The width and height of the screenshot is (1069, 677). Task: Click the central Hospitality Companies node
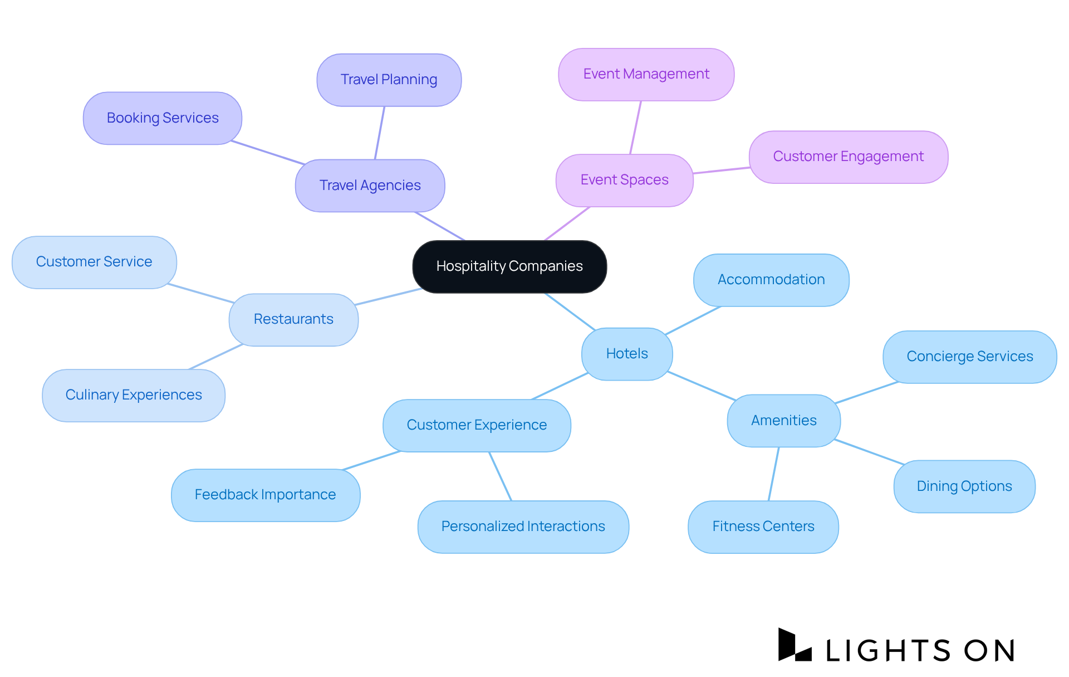(509, 266)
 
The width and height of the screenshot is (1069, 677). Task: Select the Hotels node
(627, 354)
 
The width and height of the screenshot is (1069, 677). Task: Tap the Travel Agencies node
(370, 186)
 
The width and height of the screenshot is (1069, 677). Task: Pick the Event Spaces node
(624, 180)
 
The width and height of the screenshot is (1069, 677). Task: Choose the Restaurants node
(293, 319)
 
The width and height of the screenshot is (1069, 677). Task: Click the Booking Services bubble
(163, 118)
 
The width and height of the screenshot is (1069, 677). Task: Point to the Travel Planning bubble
(389, 80)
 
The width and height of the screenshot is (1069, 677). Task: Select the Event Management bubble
(646, 74)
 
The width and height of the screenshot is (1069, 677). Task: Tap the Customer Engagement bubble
(848, 157)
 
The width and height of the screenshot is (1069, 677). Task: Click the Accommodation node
(771, 280)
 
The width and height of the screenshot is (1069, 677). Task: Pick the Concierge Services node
(969, 357)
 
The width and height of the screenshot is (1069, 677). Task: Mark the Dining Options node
(964, 486)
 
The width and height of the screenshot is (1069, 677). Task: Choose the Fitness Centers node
(763, 527)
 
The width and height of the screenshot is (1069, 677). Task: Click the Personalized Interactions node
(523, 527)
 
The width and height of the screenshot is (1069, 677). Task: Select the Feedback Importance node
(265, 495)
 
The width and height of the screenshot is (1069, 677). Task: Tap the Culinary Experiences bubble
(134, 395)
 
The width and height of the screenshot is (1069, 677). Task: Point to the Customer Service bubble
(94, 262)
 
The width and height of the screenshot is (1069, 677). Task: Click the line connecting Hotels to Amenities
(702, 386)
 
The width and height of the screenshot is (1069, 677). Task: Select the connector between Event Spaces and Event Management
(635, 128)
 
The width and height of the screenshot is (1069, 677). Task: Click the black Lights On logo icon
(794, 645)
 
